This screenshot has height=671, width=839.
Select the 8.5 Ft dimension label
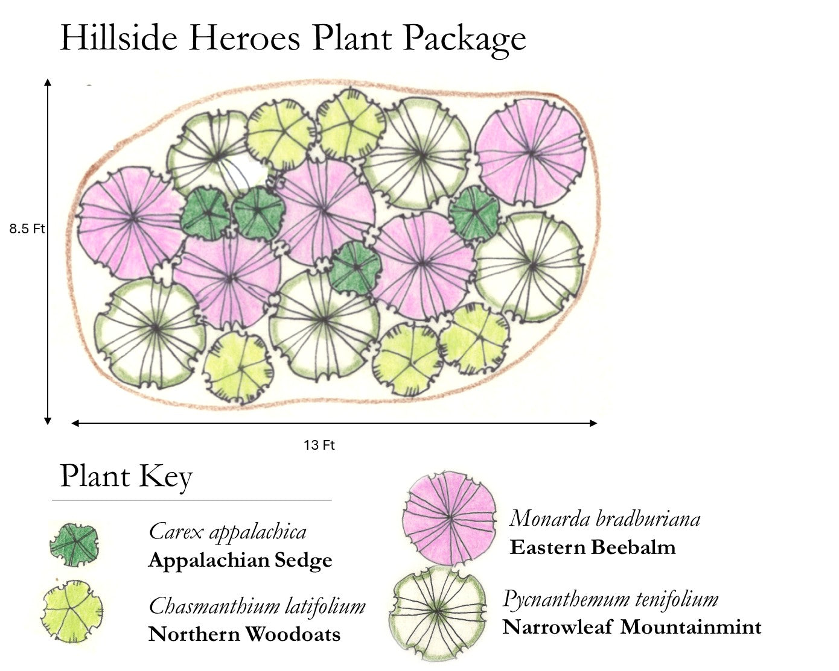[27, 229]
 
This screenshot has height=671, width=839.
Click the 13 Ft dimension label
[319, 446]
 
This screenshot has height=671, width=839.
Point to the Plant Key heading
[126, 476]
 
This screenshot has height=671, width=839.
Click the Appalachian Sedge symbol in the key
[74, 544]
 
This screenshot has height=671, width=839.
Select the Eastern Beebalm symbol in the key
[450, 517]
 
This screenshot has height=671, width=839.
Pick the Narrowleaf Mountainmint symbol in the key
[438, 612]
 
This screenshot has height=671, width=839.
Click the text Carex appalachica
[228, 532]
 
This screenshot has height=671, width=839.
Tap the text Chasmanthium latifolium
[257, 606]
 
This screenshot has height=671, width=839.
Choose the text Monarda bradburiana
[605, 518]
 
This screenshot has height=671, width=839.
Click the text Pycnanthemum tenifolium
[610, 599]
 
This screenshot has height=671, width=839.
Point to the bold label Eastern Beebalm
[593, 547]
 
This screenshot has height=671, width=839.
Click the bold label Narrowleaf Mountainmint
[632, 627]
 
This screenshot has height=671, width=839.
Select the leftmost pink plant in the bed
[132, 221]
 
